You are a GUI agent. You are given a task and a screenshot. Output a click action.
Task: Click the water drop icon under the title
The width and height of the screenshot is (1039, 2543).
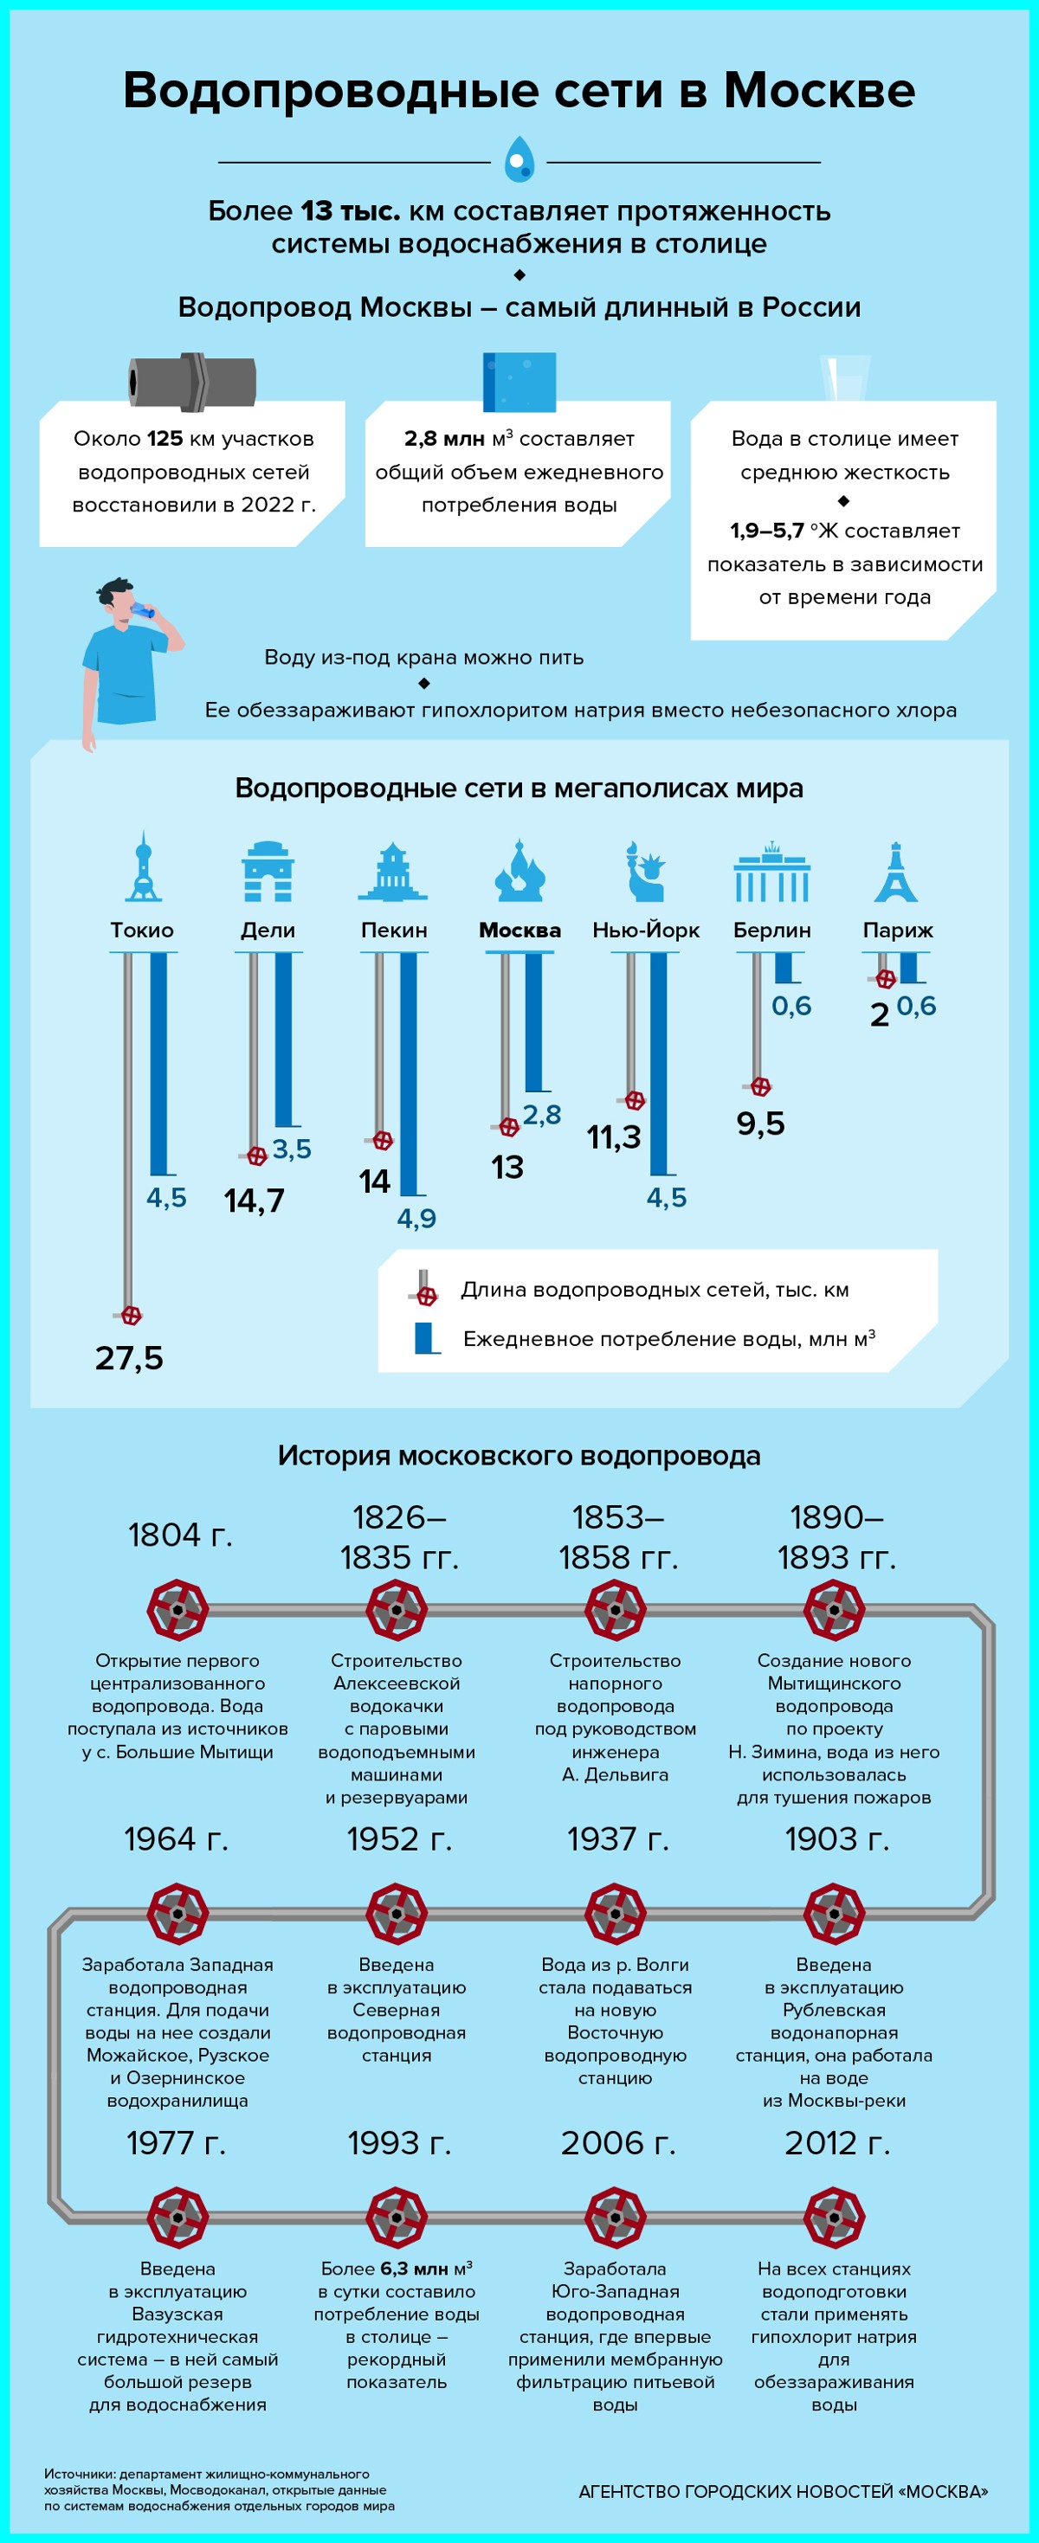pos(519,160)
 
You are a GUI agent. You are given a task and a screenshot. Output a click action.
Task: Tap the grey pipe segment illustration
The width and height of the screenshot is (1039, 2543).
pos(192,381)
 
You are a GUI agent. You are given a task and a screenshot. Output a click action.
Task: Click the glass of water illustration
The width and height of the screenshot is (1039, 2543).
pos(845,379)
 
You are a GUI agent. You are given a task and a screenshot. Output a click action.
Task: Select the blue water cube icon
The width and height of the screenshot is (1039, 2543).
pos(519,381)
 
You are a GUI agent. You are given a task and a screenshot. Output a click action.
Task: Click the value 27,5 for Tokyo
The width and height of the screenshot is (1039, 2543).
pos(129,1358)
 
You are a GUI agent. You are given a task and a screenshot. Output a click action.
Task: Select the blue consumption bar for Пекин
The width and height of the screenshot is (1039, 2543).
pos(408,1073)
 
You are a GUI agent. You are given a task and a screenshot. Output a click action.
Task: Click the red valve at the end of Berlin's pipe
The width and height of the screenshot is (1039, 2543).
pos(760,1087)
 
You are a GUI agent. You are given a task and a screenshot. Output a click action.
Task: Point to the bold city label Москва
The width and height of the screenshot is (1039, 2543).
pos(519,930)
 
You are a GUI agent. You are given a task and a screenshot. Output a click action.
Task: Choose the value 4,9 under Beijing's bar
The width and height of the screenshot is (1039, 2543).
pos(416,1218)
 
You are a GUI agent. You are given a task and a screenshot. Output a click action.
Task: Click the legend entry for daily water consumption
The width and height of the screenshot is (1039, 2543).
pos(668,1339)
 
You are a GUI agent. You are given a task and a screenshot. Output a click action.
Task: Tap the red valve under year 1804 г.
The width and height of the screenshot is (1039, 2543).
pos(177,1610)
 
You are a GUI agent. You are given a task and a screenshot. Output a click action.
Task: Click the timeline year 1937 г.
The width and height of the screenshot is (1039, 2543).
pos(617,1839)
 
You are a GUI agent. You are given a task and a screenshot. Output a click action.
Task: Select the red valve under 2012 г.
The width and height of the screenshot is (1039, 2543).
pos(835,2218)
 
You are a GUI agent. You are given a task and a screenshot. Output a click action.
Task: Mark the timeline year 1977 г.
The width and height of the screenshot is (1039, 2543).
pos(176,2143)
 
